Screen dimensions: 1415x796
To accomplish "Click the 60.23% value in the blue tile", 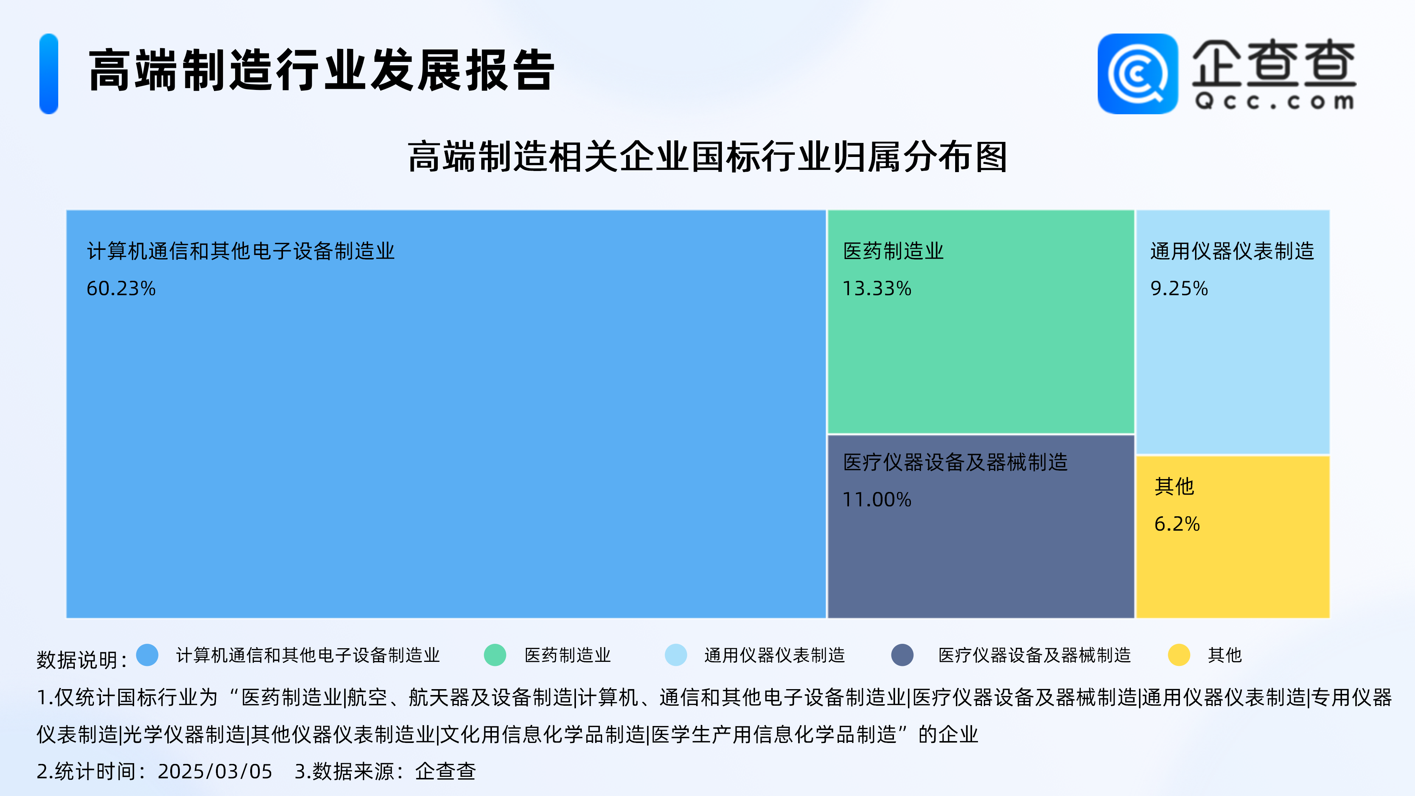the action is [121, 289].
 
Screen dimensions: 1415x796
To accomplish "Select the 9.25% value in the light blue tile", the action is [1179, 289].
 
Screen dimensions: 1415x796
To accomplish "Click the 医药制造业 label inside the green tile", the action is [893, 251].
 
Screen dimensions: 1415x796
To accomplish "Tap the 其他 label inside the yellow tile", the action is [1174, 486].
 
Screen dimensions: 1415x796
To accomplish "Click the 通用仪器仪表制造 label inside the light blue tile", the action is [1232, 251].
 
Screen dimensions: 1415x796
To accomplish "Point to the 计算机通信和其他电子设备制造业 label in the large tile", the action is [241, 251].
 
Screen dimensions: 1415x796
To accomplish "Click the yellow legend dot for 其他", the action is [1179, 655].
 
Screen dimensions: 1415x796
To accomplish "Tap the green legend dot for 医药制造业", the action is [495, 655].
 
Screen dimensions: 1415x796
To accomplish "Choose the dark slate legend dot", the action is [902, 655].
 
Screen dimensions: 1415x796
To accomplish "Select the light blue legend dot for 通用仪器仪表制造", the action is [676, 655].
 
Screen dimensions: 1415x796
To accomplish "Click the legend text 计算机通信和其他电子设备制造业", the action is [308, 655].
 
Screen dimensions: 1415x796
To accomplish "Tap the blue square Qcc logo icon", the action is [1138, 74].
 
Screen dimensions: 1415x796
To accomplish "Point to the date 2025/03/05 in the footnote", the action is [215, 771].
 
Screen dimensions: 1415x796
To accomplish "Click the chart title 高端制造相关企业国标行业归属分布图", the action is [707, 157].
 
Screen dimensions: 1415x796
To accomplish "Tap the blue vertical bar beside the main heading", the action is [49, 74].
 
